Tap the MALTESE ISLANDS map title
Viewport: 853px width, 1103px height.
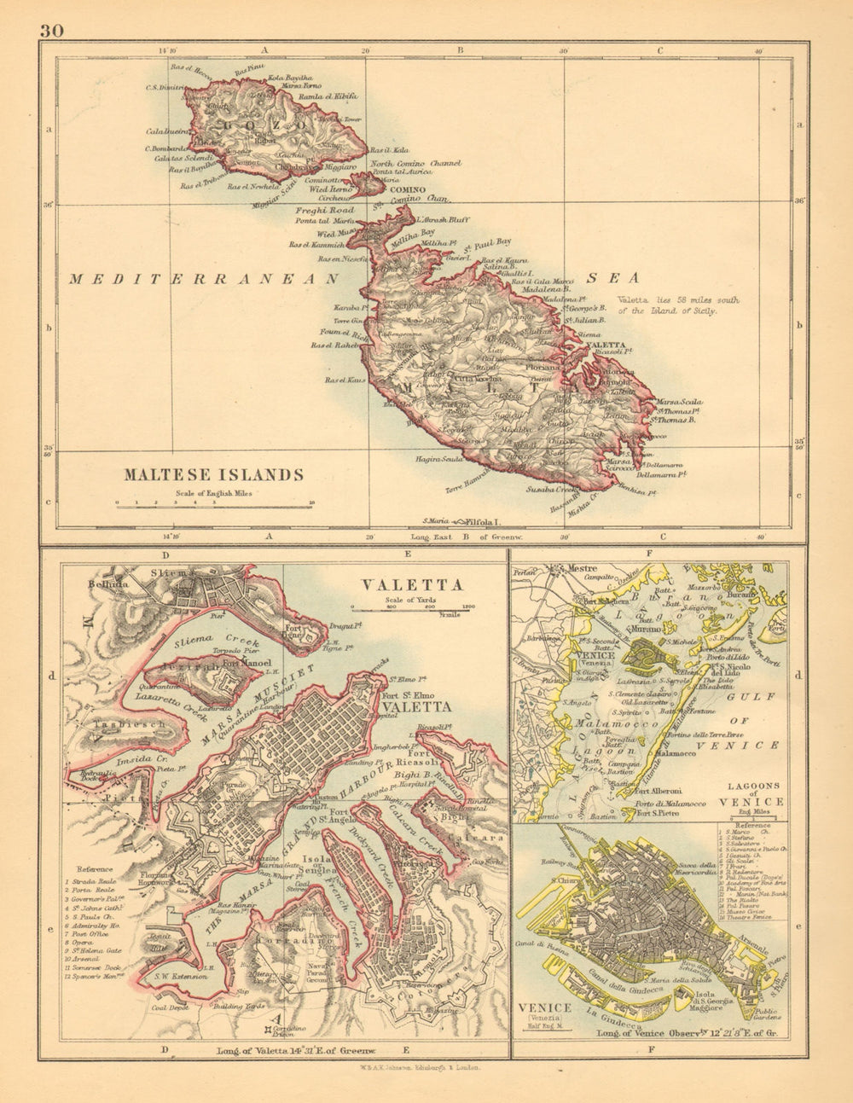(x=213, y=475)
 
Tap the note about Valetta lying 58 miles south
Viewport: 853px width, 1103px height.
(x=678, y=305)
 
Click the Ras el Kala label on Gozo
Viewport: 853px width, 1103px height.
(x=389, y=149)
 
